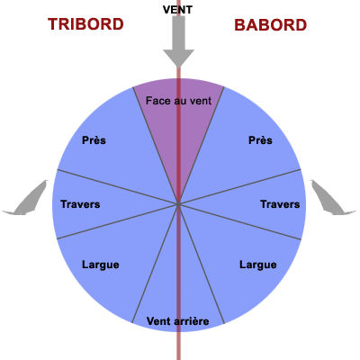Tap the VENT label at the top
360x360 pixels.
[178, 9]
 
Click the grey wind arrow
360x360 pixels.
[178, 40]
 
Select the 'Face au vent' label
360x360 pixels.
[178, 101]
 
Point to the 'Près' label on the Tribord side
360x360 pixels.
[94, 140]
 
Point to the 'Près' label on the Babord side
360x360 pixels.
[260, 140]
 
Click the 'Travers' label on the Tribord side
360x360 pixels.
[80, 204]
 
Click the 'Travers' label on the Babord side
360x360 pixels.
[279, 204]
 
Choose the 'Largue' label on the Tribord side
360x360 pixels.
[100, 265]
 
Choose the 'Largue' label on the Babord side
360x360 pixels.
[257, 265]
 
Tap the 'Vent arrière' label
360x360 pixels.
[177, 321]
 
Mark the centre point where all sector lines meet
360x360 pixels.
[178, 205]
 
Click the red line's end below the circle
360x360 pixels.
[178, 353]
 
